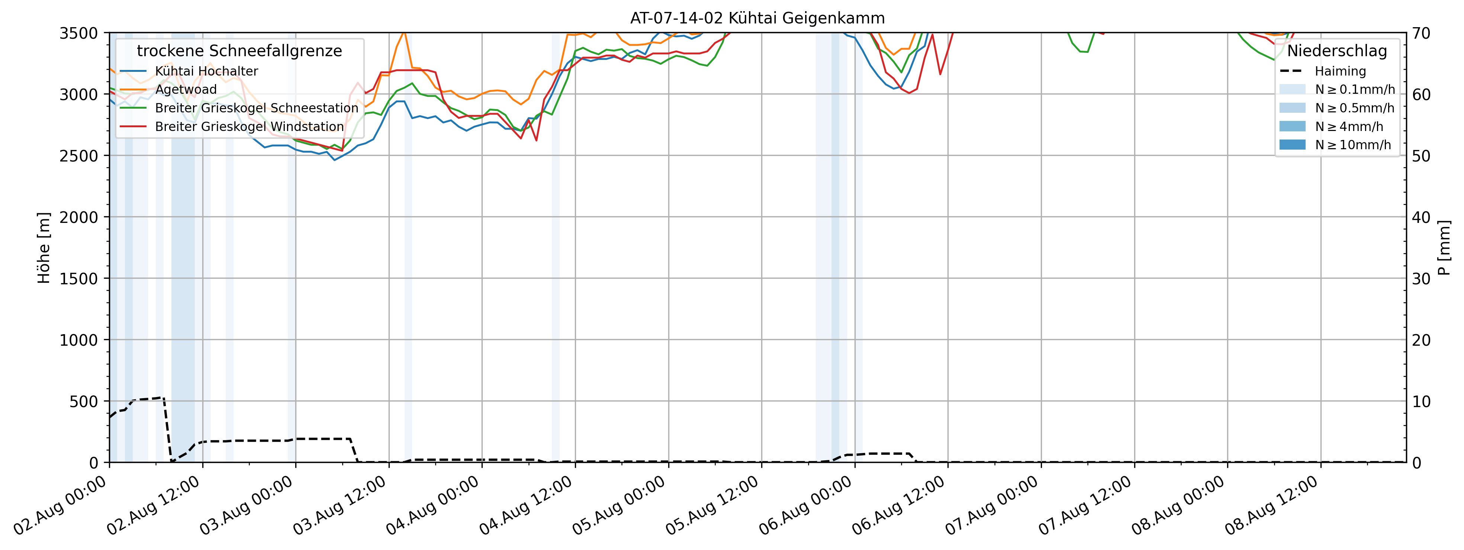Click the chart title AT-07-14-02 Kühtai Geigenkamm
pos(757,18)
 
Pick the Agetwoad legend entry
pos(186,89)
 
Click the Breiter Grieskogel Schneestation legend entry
pos(256,108)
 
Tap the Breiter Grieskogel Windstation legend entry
pos(249,126)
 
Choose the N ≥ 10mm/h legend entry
pos(1352,145)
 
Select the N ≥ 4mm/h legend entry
pos(1349,126)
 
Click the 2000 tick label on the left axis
pos(78,217)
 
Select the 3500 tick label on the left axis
pos(78,33)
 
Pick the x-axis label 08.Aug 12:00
pos(1271,505)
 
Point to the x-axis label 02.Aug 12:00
pos(154,505)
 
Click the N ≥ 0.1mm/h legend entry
pos(1354,89)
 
